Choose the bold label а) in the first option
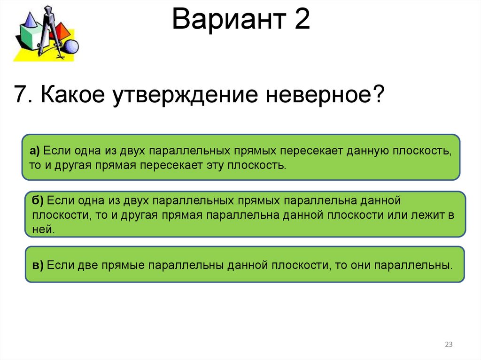click(x=35, y=152)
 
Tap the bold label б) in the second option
click(x=38, y=201)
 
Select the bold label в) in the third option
click(x=38, y=265)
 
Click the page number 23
click(x=449, y=345)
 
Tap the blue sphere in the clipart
click(x=71, y=47)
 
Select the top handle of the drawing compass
click(x=48, y=10)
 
